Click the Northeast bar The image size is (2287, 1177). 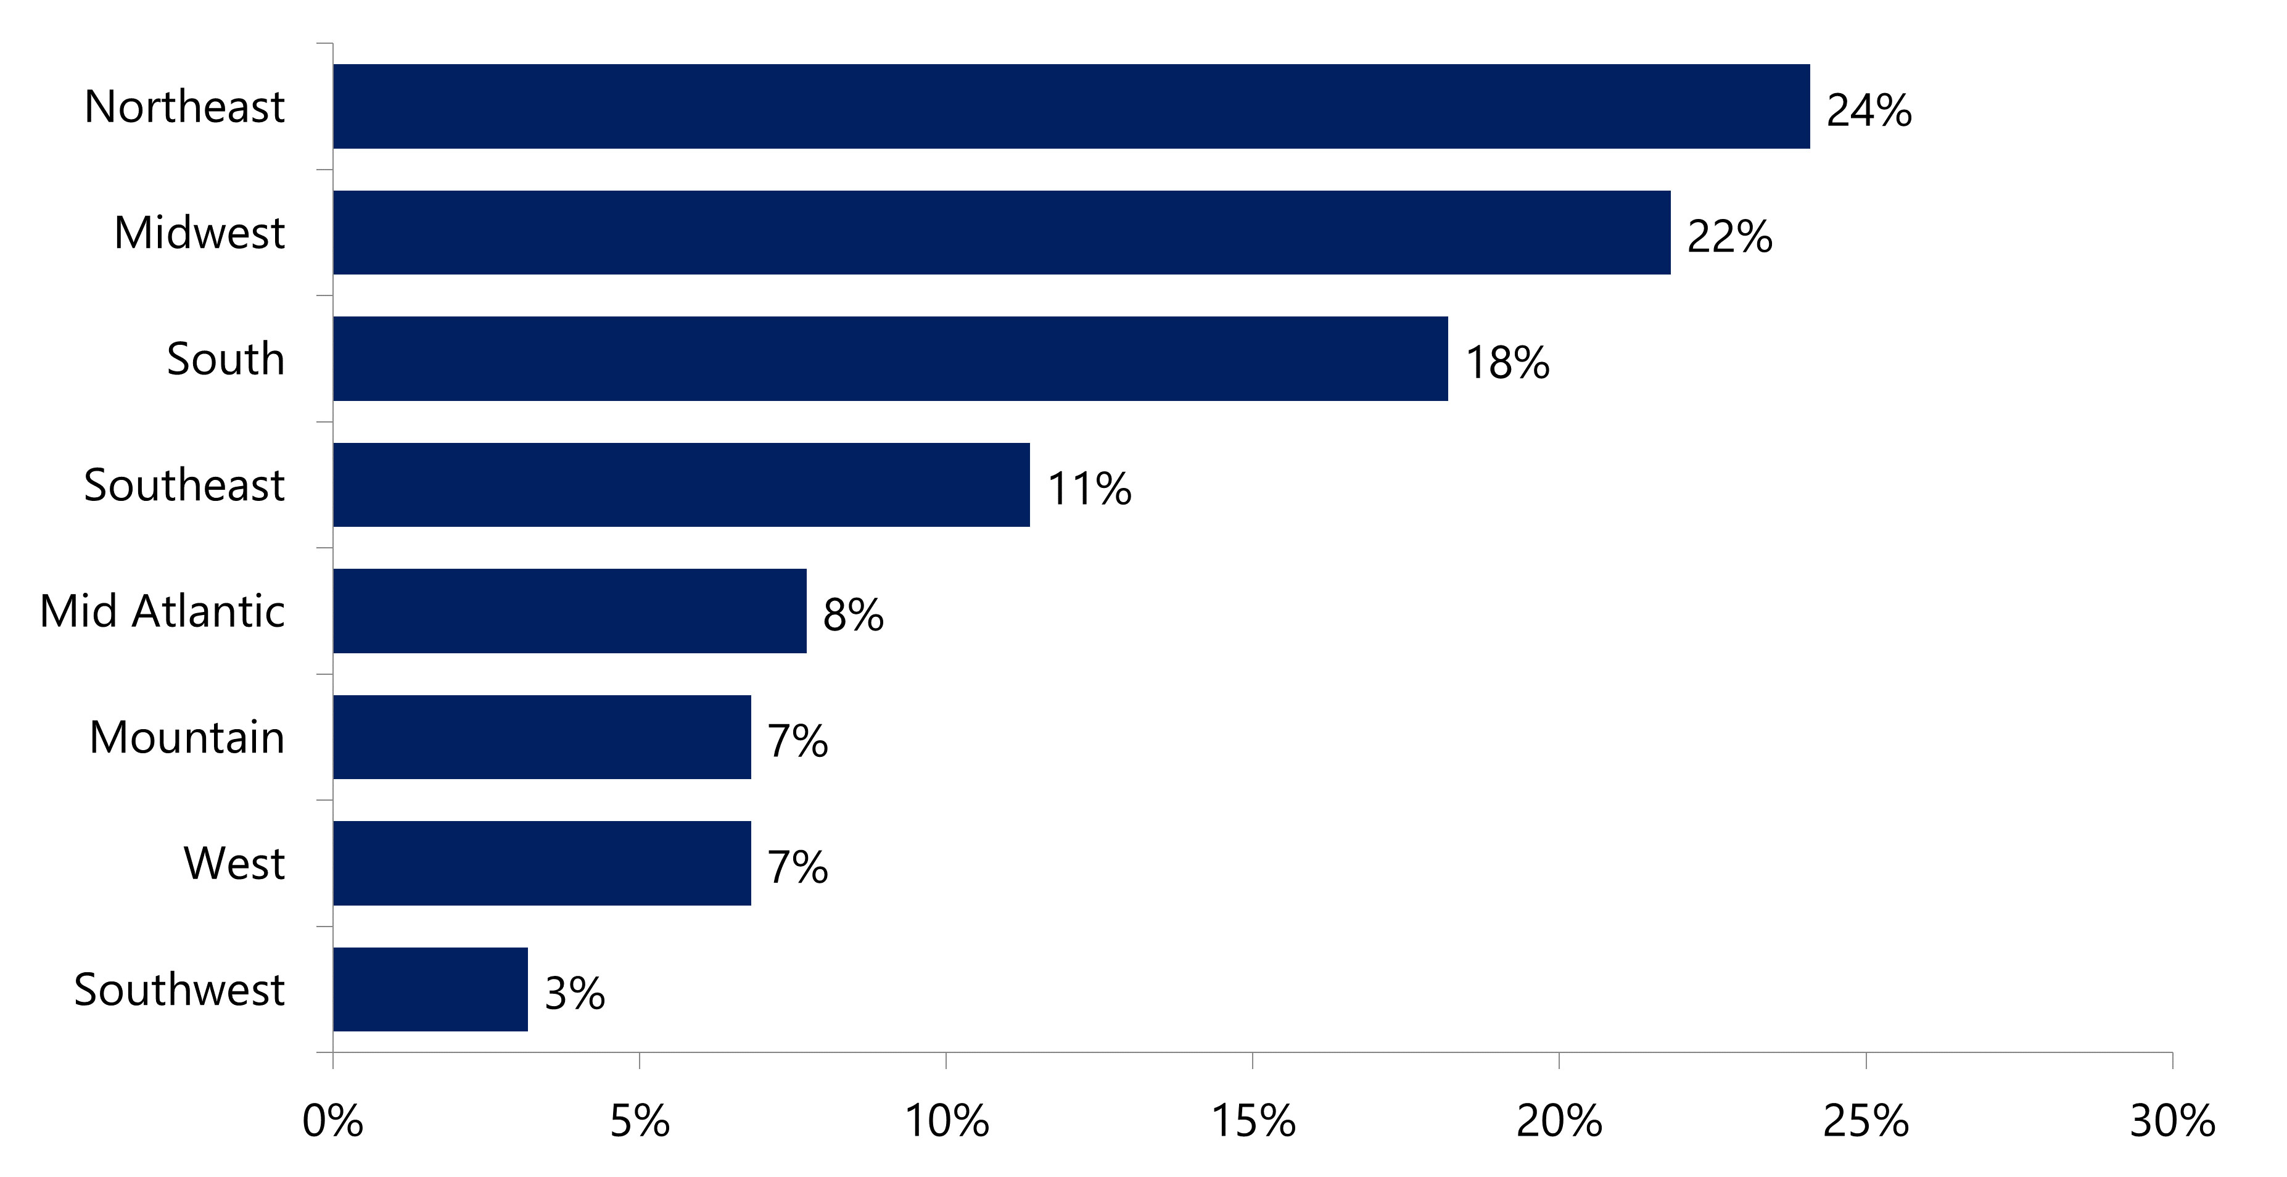(1071, 107)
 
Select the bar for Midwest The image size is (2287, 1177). (1002, 233)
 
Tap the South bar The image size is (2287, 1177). (891, 358)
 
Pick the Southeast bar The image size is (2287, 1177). (681, 485)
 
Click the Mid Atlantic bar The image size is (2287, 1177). (569, 611)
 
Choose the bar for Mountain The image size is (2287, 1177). (542, 737)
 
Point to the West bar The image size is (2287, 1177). (542, 863)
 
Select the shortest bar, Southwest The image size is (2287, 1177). (431, 989)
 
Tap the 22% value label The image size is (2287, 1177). (1729, 237)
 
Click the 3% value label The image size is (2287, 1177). (574, 993)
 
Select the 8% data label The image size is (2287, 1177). (852, 615)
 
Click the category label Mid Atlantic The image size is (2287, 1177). (162, 611)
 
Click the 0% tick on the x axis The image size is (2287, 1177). (333, 1121)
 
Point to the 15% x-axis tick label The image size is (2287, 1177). (1253, 1121)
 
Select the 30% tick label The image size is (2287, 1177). (2172, 1121)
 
